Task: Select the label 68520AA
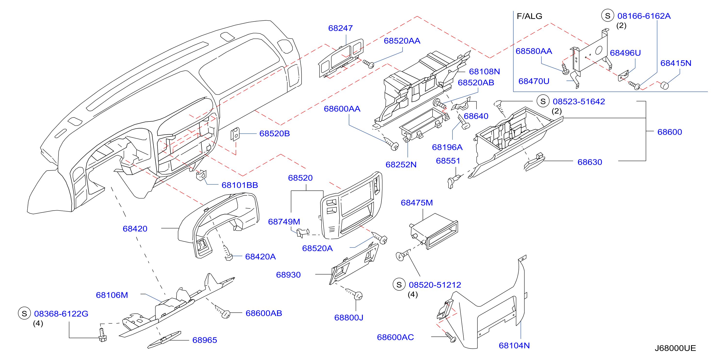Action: [x=402, y=41]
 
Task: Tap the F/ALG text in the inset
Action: [x=529, y=16]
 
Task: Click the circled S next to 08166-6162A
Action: [x=608, y=16]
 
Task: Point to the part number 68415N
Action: [x=676, y=63]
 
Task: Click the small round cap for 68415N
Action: [x=664, y=85]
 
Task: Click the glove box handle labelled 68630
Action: [x=534, y=162]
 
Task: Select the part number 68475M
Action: [x=417, y=203]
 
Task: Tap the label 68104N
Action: [x=514, y=345]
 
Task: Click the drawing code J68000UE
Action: [x=675, y=348]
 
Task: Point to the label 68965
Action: [x=205, y=340]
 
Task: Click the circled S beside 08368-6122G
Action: [x=24, y=313]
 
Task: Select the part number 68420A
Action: [x=260, y=257]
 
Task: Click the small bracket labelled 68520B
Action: [x=235, y=134]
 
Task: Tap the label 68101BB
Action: [x=240, y=185]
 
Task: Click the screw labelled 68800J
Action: [x=355, y=294]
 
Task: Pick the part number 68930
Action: [x=288, y=275]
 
